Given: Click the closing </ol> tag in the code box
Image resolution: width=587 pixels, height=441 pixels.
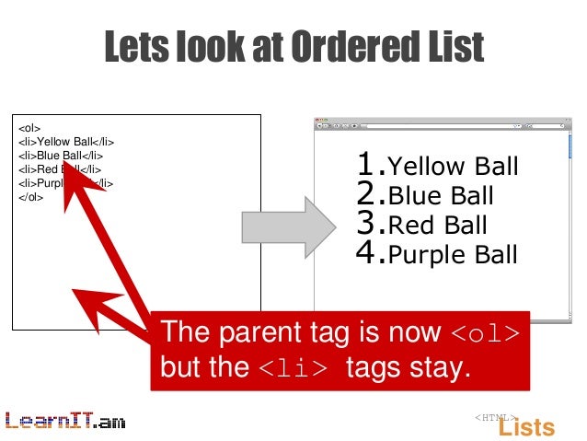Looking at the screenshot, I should coord(30,197).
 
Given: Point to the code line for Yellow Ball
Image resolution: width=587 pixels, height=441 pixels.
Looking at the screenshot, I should coord(65,142).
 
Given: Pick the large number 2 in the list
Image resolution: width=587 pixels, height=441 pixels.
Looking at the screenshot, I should coord(369,194).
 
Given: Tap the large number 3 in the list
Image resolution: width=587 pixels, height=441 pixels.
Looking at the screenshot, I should coord(369,224).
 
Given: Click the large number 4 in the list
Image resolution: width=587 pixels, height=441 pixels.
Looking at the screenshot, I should coord(369,252).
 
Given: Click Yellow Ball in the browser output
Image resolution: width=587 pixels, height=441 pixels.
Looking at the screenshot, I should coord(453,168).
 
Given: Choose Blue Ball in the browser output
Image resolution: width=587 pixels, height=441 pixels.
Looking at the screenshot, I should coord(441,196).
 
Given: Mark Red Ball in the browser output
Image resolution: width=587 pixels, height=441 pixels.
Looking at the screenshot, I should coord(437,226).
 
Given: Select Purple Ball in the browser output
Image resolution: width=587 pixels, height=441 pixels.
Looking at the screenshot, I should coord(453,254).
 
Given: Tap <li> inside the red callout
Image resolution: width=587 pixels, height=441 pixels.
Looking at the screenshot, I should coord(289,368).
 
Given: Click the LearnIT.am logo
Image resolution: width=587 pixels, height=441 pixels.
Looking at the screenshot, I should coord(64,421).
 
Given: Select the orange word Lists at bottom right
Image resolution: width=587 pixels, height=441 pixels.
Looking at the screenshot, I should coord(526,427).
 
